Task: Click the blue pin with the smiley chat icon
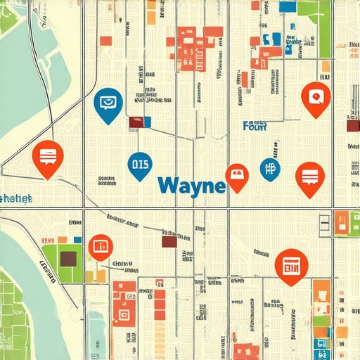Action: (x=108, y=104)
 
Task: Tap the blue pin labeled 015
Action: (x=139, y=166)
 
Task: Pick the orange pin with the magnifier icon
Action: (x=314, y=97)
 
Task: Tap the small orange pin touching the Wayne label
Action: (x=236, y=176)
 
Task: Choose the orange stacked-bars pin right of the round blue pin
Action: (x=309, y=176)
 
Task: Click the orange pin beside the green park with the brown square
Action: (x=101, y=246)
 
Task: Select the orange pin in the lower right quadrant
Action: (x=290, y=265)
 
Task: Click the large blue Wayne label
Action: (x=191, y=186)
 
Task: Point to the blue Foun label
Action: (x=254, y=127)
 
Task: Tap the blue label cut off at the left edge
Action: (x=15, y=199)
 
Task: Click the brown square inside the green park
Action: (x=68, y=259)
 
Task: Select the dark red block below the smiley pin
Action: (x=137, y=122)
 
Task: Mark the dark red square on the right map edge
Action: (x=354, y=127)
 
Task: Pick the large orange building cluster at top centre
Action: (x=191, y=44)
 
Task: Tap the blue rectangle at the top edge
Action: (x=288, y=6)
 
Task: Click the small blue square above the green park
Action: (x=77, y=240)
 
